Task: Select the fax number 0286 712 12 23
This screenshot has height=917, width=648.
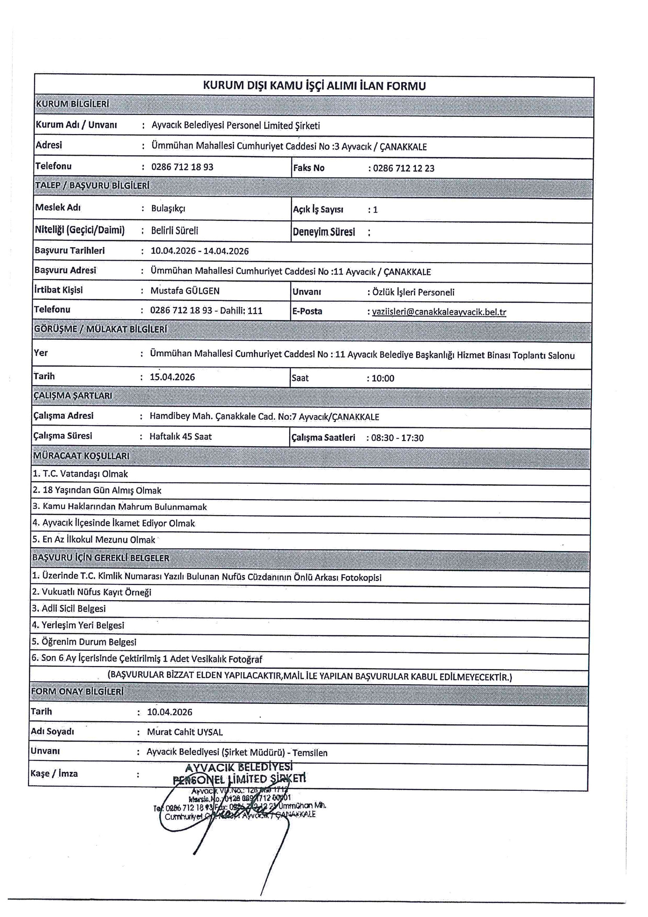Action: click(403, 168)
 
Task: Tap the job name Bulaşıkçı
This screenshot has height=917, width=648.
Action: click(168, 208)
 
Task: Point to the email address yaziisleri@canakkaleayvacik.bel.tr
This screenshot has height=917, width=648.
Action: click(439, 312)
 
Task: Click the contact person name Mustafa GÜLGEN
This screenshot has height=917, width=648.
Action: click(185, 291)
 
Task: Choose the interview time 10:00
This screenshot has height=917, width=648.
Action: click(383, 378)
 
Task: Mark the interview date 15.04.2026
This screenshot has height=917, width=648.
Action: click(172, 377)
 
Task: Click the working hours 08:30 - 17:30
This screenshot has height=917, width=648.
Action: click(397, 438)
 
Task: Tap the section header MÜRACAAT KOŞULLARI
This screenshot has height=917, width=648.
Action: click(81, 456)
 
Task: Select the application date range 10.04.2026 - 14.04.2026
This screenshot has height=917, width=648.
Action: click(199, 251)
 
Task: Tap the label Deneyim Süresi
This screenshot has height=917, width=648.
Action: click(324, 232)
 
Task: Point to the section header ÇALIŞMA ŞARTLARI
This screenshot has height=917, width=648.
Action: click(73, 396)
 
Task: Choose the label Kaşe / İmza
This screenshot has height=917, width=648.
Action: click(54, 773)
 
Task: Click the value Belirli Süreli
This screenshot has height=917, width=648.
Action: click(174, 230)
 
